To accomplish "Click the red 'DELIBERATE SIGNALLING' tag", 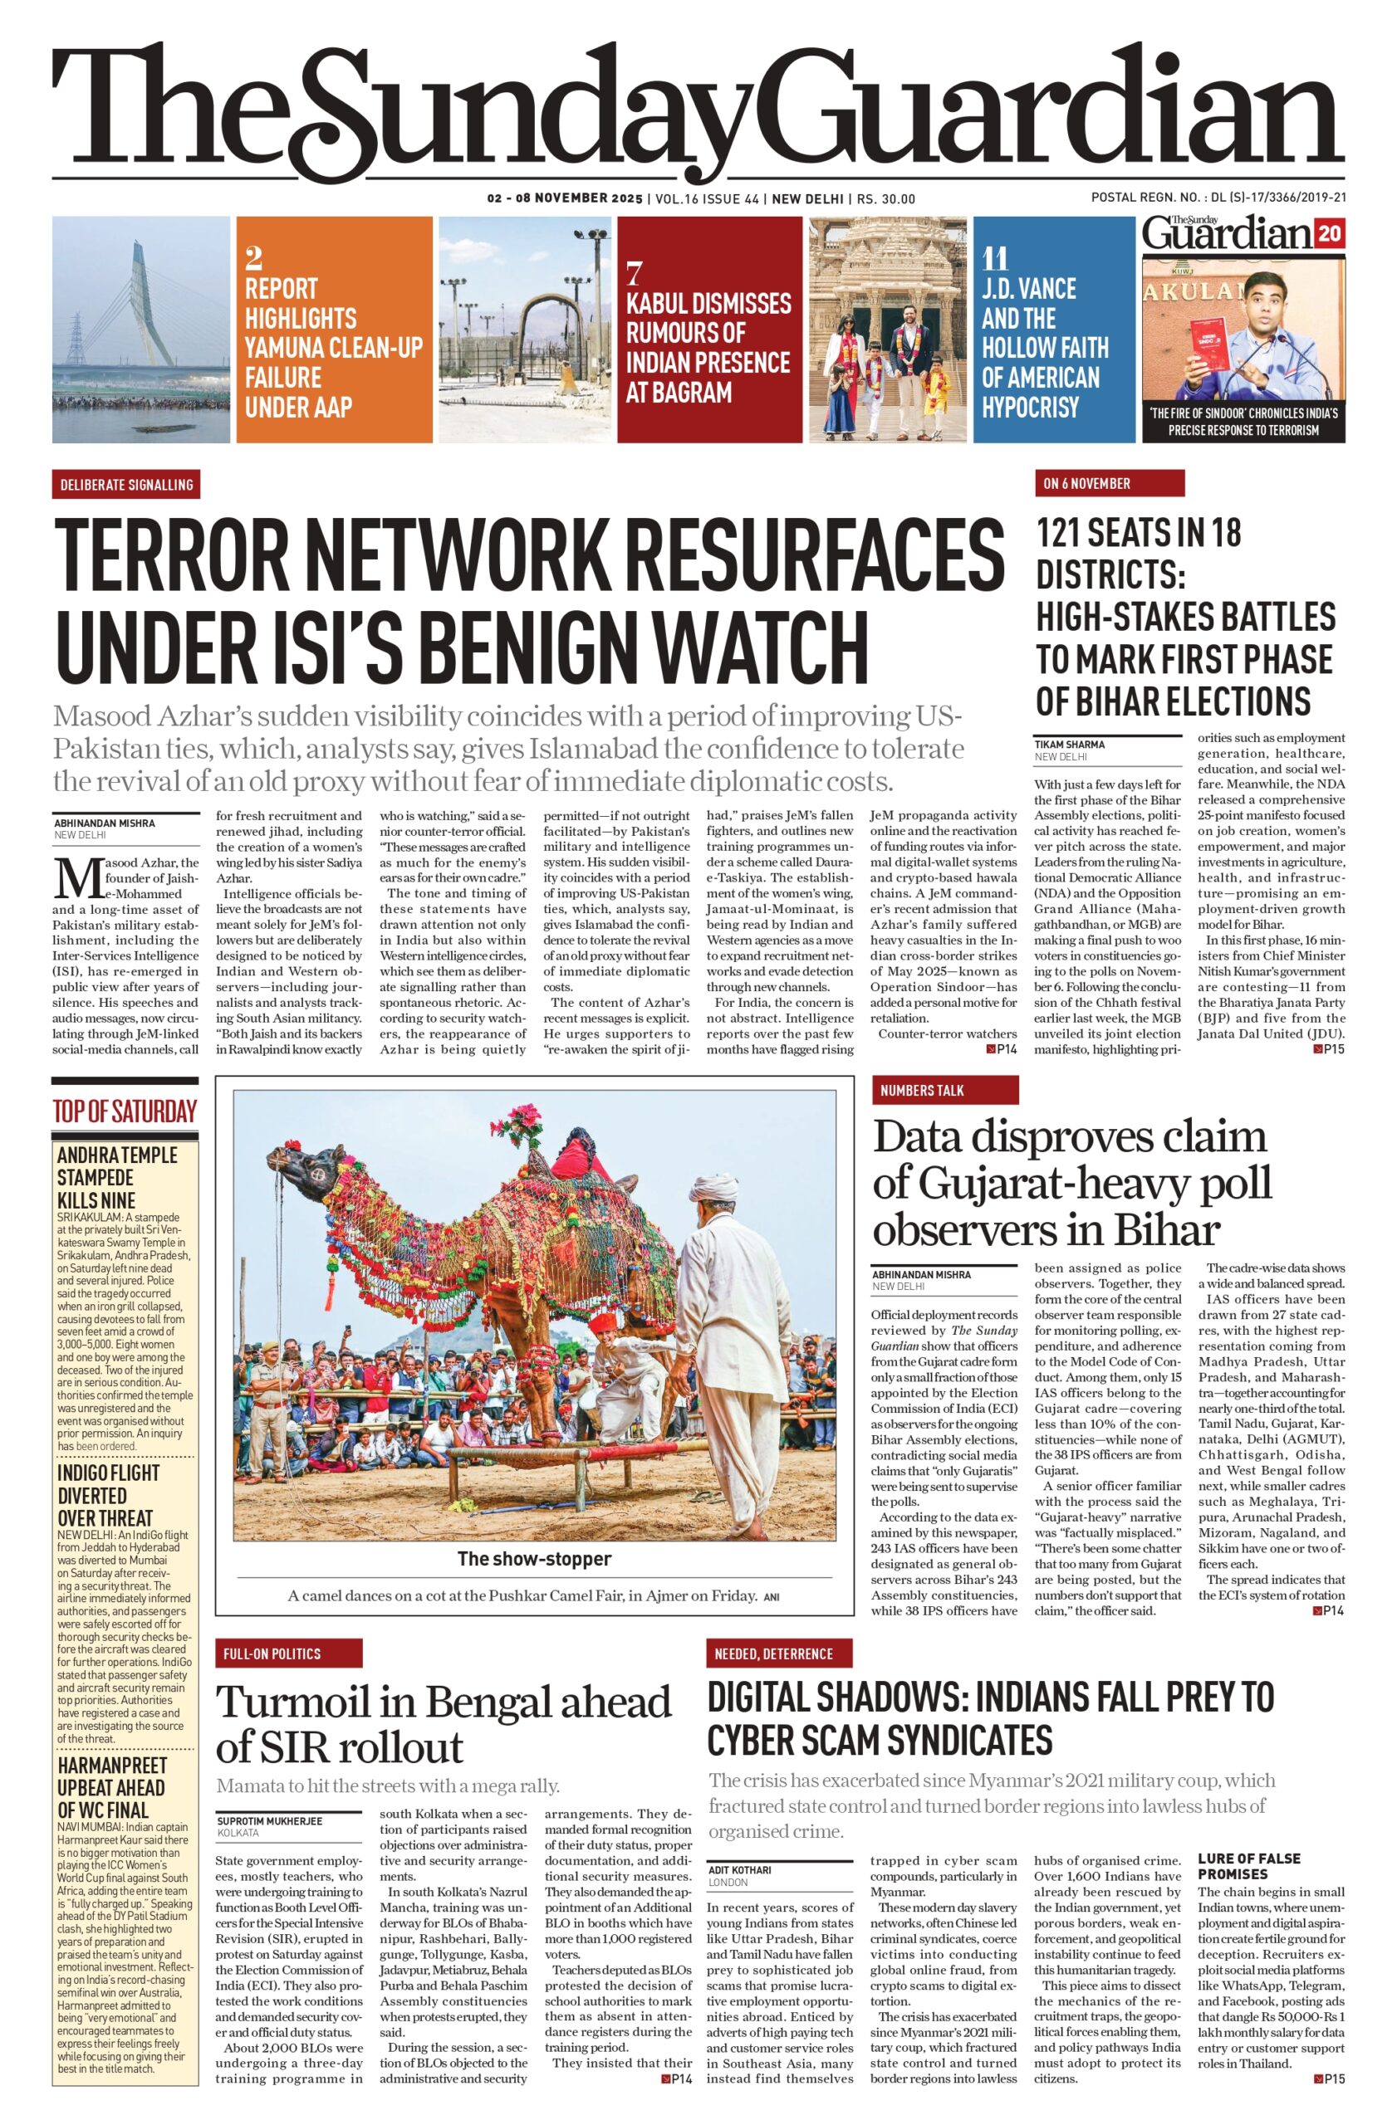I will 126,485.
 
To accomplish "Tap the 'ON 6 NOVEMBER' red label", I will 1086,483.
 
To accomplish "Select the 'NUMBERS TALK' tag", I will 921,1090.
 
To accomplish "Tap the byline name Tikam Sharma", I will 1069,744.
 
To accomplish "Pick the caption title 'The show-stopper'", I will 534,1559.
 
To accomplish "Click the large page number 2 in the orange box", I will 253,260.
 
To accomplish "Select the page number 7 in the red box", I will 635,271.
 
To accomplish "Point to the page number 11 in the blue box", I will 994,260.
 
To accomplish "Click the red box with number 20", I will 1329,234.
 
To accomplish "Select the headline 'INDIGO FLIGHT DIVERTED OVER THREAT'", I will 107,1495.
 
